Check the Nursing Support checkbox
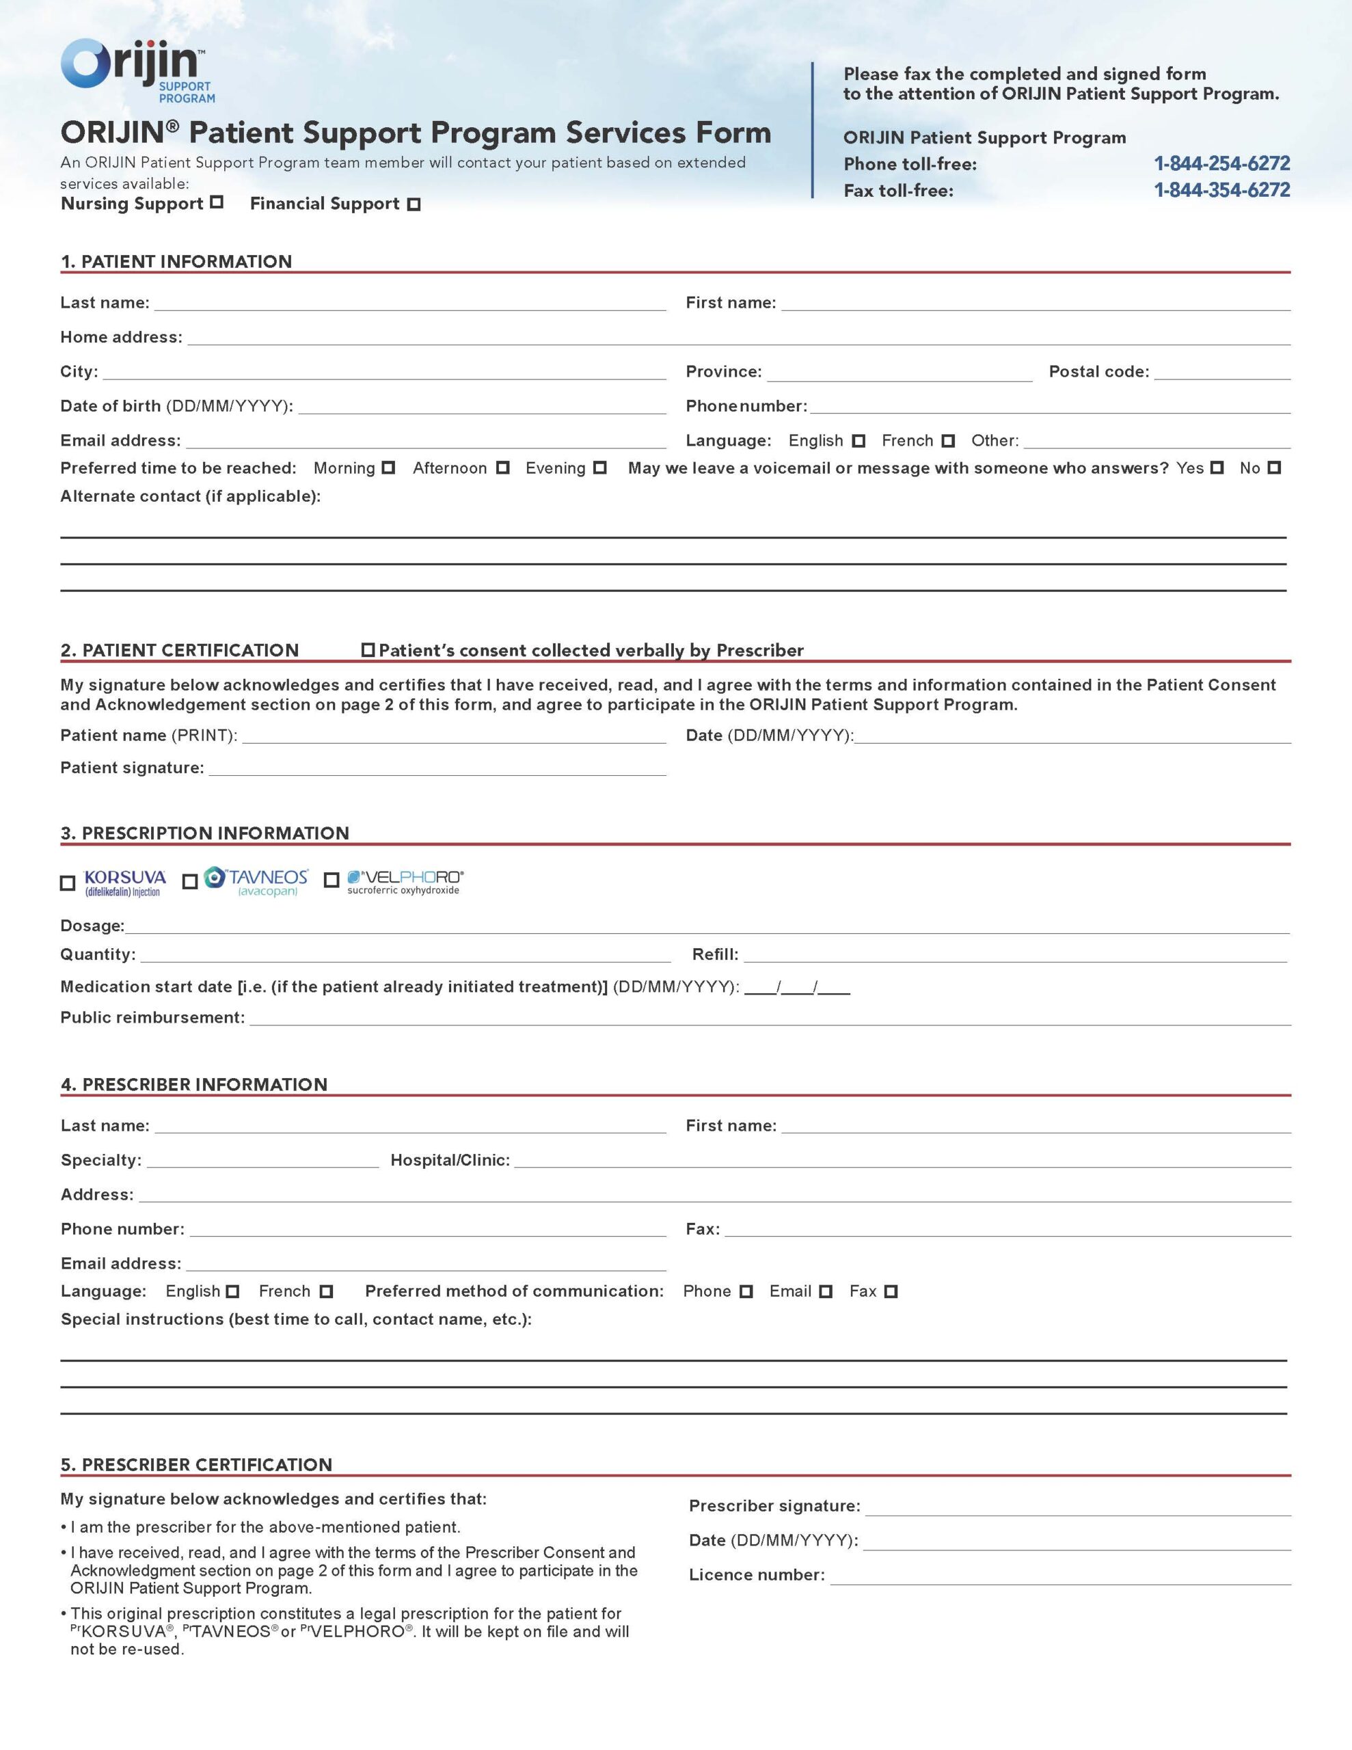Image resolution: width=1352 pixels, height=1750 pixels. [217, 203]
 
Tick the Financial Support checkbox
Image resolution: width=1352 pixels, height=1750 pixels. [414, 204]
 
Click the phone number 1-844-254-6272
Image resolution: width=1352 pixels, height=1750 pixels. [1221, 163]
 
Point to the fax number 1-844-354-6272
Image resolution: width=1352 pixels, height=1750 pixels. [1221, 190]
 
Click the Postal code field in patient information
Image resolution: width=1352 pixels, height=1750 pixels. [1221, 372]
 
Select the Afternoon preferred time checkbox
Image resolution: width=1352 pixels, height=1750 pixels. [502, 468]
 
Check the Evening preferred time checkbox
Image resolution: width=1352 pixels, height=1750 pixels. [599, 468]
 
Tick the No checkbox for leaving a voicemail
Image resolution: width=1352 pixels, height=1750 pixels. [1274, 468]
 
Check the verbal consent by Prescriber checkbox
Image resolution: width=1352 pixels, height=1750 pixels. [368, 650]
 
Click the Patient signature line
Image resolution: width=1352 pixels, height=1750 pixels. [437, 768]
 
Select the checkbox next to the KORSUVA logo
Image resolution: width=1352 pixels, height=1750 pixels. [68, 883]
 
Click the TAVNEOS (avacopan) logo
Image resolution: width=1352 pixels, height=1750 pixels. [256, 881]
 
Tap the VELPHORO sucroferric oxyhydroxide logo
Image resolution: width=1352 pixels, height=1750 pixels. [405, 881]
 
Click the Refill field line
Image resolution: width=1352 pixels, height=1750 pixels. [1014, 954]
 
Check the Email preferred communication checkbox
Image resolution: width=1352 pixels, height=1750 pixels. [826, 1292]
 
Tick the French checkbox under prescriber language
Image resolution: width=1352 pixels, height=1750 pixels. [325, 1292]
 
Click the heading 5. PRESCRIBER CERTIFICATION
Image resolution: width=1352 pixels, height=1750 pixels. [196, 1465]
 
